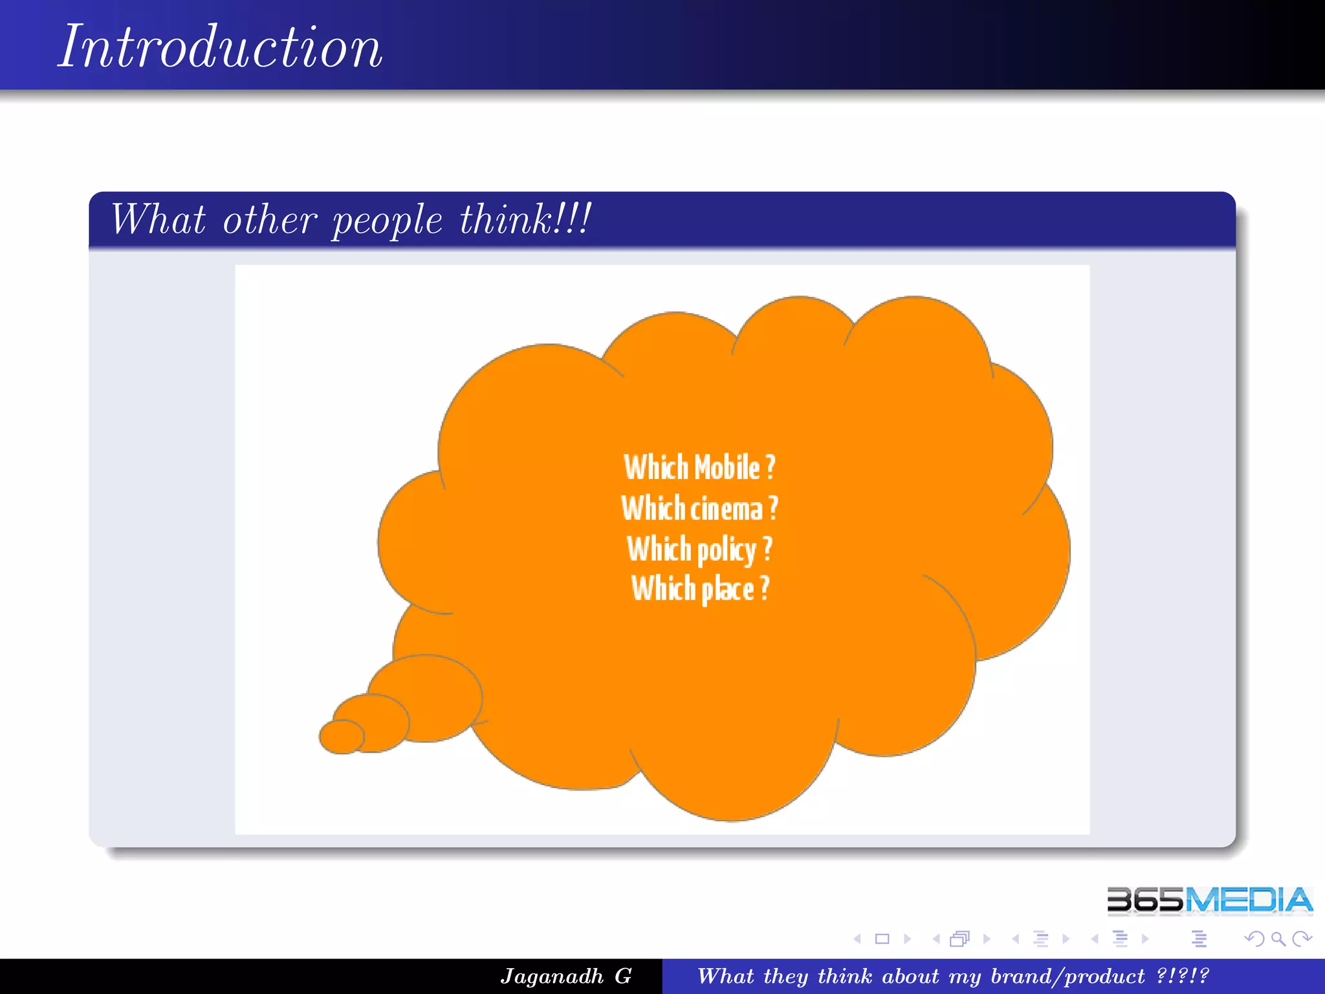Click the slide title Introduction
pyautogui.click(x=220, y=47)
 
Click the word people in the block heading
pyautogui.click(x=387, y=220)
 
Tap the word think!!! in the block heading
pyautogui.click(x=525, y=219)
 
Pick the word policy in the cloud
pyautogui.click(x=727, y=550)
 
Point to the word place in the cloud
pyautogui.click(x=728, y=590)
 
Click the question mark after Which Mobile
pyautogui.click(x=770, y=467)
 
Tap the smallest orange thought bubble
pyautogui.click(x=341, y=736)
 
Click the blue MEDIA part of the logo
pyautogui.click(x=1249, y=900)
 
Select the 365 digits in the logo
pyautogui.click(x=1145, y=900)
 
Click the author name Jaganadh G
pyautogui.click(x=565, y=976)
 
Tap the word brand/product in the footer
pyautogui.click(x=1068, y=976)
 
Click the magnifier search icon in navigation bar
pyautogui.click(x=1278, y=939)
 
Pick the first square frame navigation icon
pyautogui.click(x=882, y=939)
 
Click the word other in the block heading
pyautogui.click(x=270, y=220)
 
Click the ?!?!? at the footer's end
pyautogui.click(x=1183, y=976)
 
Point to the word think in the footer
pyautogui.click(x=845, y=976)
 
